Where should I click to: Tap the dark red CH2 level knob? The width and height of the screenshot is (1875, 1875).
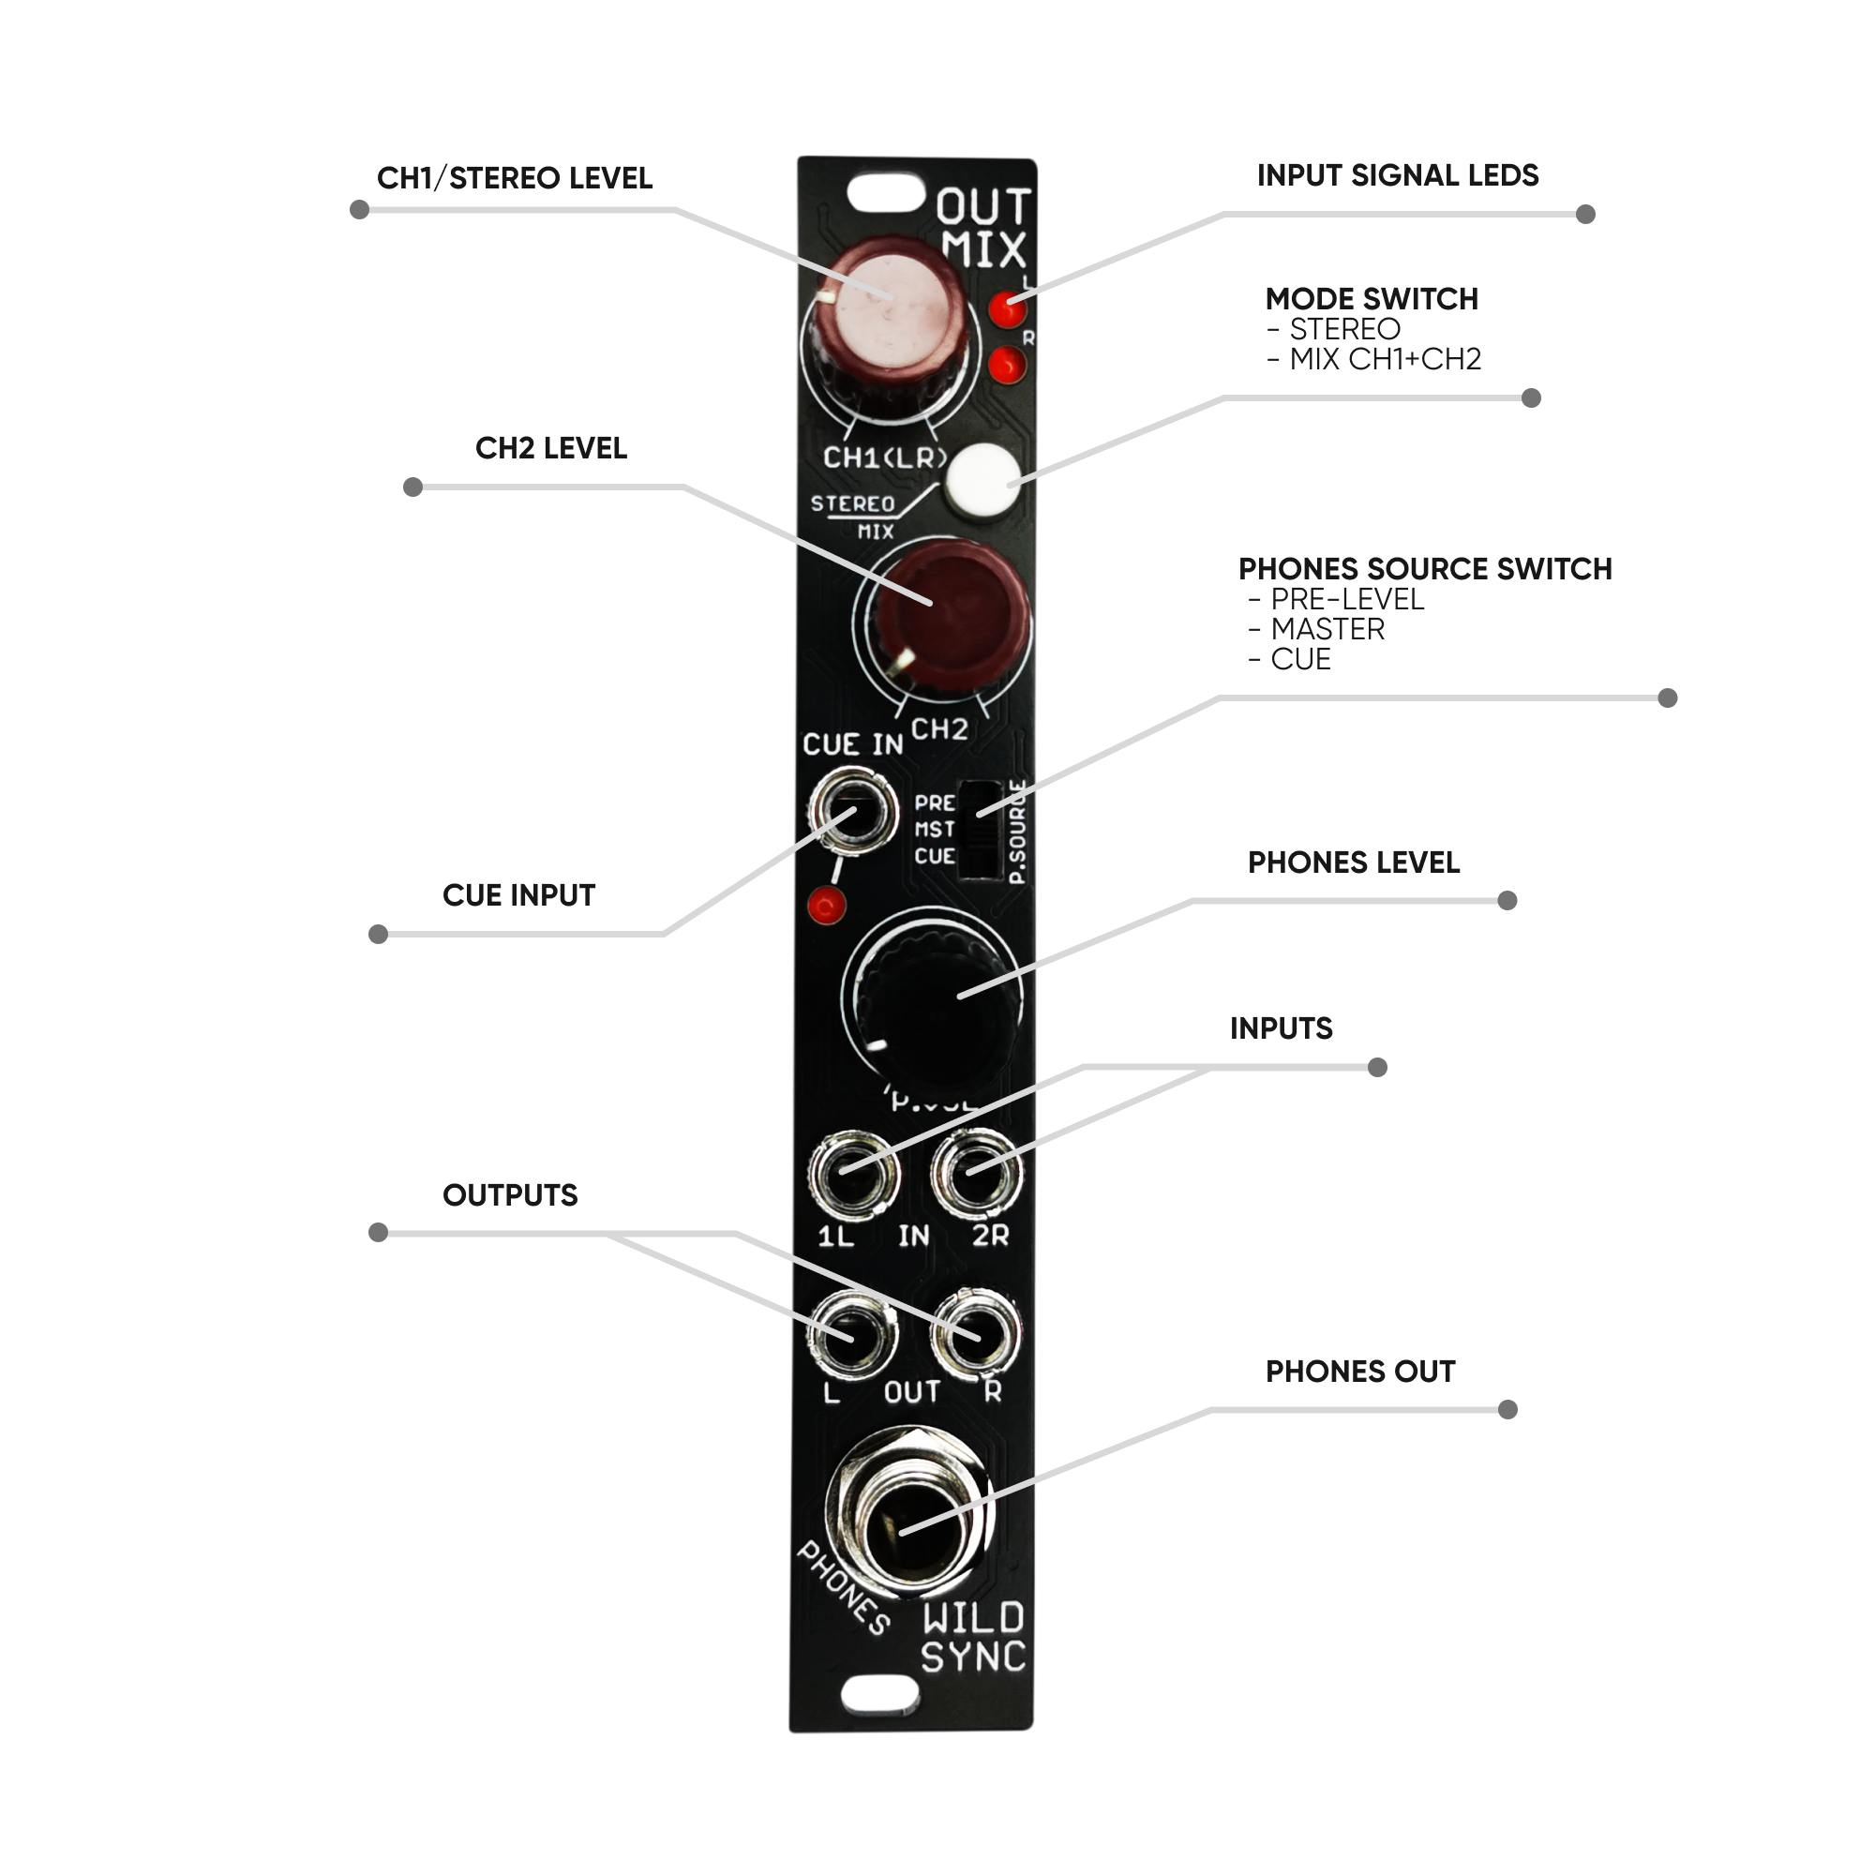945,613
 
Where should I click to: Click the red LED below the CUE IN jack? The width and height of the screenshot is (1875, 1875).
827,906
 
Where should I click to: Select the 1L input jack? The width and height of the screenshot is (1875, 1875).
854,1176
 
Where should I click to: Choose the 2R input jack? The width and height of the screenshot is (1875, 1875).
976,1176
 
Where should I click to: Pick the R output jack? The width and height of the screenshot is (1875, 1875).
974,1334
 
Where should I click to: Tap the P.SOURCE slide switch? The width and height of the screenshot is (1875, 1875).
981,830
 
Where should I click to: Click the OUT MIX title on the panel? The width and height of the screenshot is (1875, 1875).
982,229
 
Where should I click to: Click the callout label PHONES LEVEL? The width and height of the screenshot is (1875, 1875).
1353,862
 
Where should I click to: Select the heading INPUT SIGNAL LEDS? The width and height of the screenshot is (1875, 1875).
1397,175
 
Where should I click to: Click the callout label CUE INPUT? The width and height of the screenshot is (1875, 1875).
518,895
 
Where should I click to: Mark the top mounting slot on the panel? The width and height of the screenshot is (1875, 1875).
885,193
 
